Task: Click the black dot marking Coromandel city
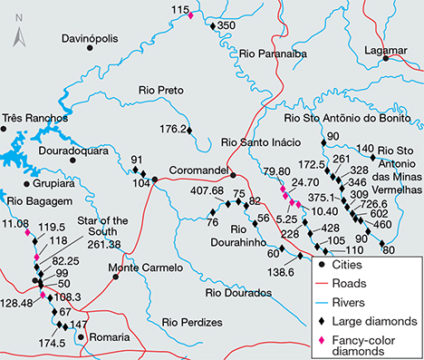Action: click(x=232, y=175)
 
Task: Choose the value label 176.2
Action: click(x=172, y=129)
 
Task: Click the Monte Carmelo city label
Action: click(x=140, y=268)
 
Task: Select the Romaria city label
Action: click(x=111, y=336)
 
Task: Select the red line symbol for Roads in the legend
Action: click(x=323, y=282)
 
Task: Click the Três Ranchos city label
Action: click(x=35, y=119)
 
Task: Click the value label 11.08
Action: click(x=16, y=223)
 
